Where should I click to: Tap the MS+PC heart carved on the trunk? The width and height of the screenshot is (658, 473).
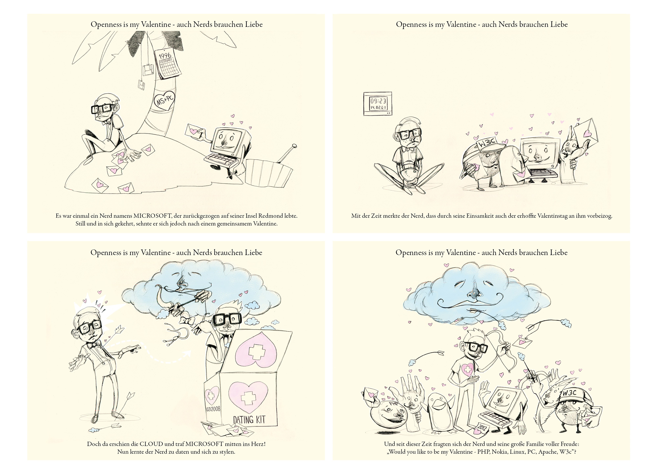tap(164, 101)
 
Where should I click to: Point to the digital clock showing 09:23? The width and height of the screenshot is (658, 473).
tap(378, 104)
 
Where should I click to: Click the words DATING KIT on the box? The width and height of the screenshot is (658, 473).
tap(249, 420)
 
